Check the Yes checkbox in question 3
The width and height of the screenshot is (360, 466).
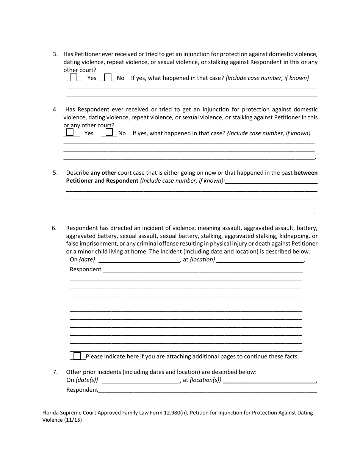[74, 77]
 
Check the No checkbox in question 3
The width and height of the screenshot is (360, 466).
[108, 77]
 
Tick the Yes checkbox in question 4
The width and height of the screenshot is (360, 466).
[70, 132]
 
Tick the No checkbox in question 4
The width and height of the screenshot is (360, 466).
[109, 132]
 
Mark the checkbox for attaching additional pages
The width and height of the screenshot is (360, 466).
[77, 356]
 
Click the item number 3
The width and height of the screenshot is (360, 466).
[55, 54]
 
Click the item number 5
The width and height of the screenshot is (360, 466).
[55, 173]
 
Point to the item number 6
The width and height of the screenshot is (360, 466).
[54, 228]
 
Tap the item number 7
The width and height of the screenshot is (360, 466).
[55, 372]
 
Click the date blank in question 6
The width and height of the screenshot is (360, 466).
[139, 260]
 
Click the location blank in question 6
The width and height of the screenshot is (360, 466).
[260, 260]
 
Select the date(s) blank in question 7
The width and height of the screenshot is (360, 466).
[141, 380]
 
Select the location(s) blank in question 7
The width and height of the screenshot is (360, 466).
[269, 380]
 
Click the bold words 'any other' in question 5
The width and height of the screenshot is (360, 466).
[103, 173]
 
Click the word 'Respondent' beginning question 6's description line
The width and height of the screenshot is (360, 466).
[86, 269]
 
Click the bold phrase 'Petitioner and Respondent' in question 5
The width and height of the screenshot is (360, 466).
[102, 181]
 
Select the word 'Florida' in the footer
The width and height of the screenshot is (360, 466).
[51, 413]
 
